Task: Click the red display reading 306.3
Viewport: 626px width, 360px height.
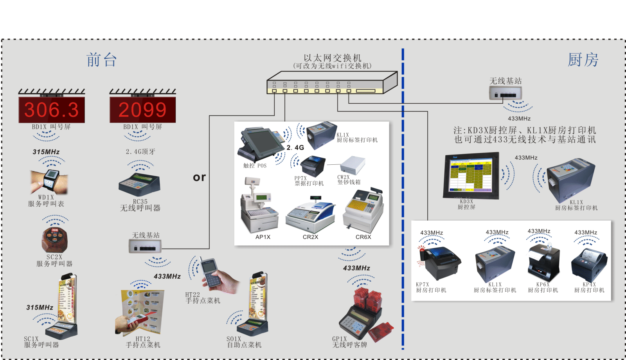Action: point(52,110)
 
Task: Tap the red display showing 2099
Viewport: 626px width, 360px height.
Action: point(142,110)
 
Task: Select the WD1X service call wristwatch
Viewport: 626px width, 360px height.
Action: point(49,181)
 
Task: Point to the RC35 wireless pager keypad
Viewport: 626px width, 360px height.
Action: point(139,184)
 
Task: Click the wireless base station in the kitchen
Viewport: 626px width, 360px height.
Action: point(505,93)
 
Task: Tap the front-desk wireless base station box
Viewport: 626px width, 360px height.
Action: point(145,246)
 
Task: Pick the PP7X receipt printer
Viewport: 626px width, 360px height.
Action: point(313,166)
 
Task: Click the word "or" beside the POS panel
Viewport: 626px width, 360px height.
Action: point(199,178)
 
